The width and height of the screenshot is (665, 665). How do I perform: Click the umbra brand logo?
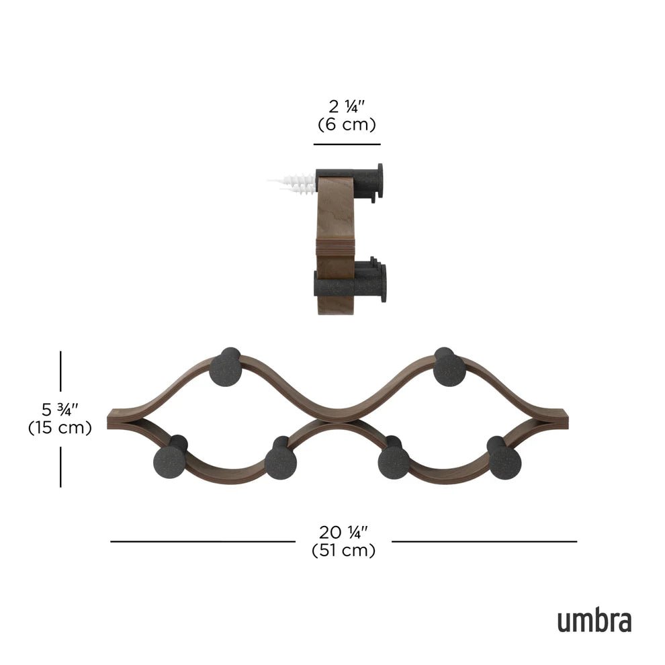point(594,621)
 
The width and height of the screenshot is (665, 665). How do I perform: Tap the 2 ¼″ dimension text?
point(346,106)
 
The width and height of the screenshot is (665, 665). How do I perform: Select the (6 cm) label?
point(346,124)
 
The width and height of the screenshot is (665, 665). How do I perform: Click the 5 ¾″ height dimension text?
point(60,408)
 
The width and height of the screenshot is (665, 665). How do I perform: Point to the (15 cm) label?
point(60,427)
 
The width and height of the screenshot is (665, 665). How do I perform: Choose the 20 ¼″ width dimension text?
point(343,532)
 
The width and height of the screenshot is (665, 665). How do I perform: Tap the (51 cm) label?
point(343,550)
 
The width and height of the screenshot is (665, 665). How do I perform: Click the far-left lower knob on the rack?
point(170,462)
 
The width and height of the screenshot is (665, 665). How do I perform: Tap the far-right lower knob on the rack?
point(504,462)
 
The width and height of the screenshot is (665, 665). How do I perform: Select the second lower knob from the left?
point(280,462)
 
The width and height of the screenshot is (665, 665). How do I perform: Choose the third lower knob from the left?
point(394,462)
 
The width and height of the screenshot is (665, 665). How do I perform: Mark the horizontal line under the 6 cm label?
point(347,144)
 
